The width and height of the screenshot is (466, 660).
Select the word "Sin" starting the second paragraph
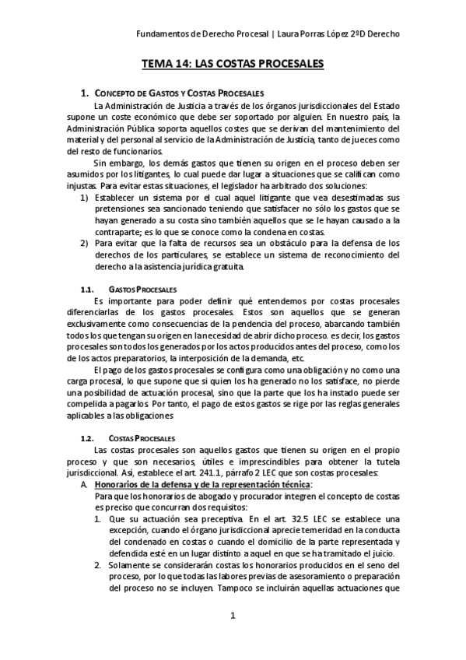coord(100,163)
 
